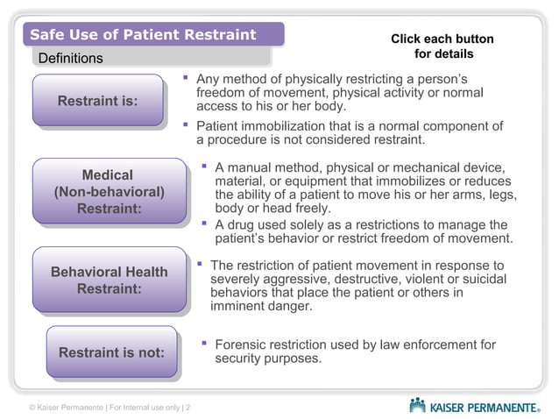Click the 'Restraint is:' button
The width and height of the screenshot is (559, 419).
pos(97,101)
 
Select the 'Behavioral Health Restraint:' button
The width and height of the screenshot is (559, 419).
pos(110,280)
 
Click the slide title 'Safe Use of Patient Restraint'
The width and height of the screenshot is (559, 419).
pos(143,35)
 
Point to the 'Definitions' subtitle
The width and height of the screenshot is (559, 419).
pos(69,59)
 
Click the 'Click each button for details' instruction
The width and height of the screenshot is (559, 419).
pos(442,46)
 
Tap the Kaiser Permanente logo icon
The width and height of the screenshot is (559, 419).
pos(418,405)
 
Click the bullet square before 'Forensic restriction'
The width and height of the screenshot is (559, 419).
pos(203,344)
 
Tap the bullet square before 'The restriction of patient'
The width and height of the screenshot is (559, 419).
pos(200,263)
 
